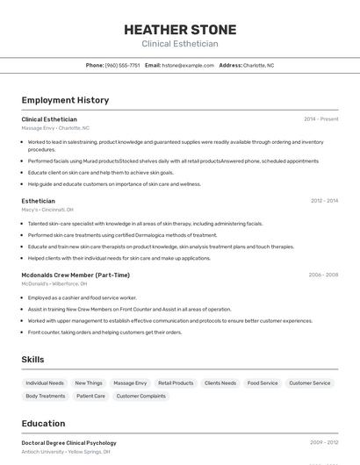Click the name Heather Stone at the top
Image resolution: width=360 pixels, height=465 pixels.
point(180,29)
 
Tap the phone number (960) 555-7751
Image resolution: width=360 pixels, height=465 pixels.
point(122,65)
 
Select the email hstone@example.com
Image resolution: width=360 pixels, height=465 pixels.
point(188,65)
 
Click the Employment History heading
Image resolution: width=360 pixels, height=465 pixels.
point(65,100)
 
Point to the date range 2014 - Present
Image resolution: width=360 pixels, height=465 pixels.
point(320,119)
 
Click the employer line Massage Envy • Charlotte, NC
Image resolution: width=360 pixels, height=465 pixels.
point(55,128)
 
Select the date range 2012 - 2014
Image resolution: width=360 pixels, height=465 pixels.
point(324,201)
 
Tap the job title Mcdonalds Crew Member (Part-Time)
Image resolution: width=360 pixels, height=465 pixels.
point(76,275)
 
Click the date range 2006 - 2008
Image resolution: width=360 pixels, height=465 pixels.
point(323,275)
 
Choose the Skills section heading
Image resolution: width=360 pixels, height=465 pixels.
point(33,360)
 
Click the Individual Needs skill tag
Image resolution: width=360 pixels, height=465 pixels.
point(45,383)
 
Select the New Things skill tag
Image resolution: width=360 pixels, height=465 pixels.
point(89,383)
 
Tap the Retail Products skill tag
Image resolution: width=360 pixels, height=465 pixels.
point(176,383)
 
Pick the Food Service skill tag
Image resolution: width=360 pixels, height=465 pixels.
point(263,383)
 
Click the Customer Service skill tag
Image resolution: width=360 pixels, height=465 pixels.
point(310,383)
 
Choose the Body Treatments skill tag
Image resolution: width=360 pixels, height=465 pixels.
point(46,397)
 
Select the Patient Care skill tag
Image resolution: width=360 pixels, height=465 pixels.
point(91,397)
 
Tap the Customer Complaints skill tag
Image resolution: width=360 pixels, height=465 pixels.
point(141,397)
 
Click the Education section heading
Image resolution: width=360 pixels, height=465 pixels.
point(43,423)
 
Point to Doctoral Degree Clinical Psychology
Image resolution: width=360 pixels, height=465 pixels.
point(68,443)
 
